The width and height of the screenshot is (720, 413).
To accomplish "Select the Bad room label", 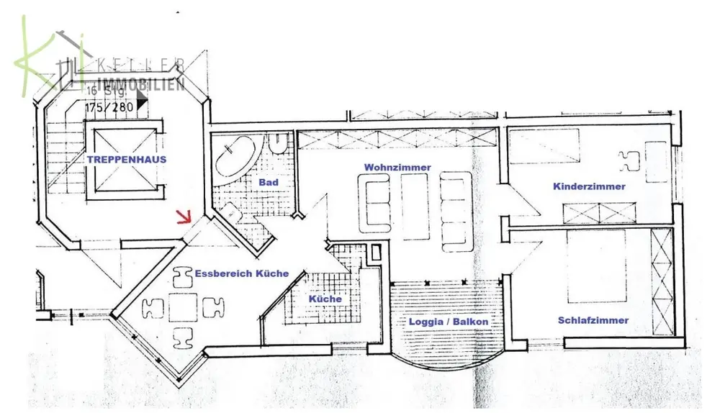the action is [269, 183].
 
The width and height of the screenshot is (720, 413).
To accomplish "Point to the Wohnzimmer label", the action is [397, 167].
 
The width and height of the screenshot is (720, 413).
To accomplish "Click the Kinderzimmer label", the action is [589, 186].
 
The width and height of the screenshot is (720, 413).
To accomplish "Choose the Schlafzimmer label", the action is [593, 320].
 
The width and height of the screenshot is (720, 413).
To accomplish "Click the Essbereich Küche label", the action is [242, 273].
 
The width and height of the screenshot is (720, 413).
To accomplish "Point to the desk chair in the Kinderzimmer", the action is [628, 160].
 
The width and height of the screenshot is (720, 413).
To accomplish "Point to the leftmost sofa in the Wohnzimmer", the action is [377, 205].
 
